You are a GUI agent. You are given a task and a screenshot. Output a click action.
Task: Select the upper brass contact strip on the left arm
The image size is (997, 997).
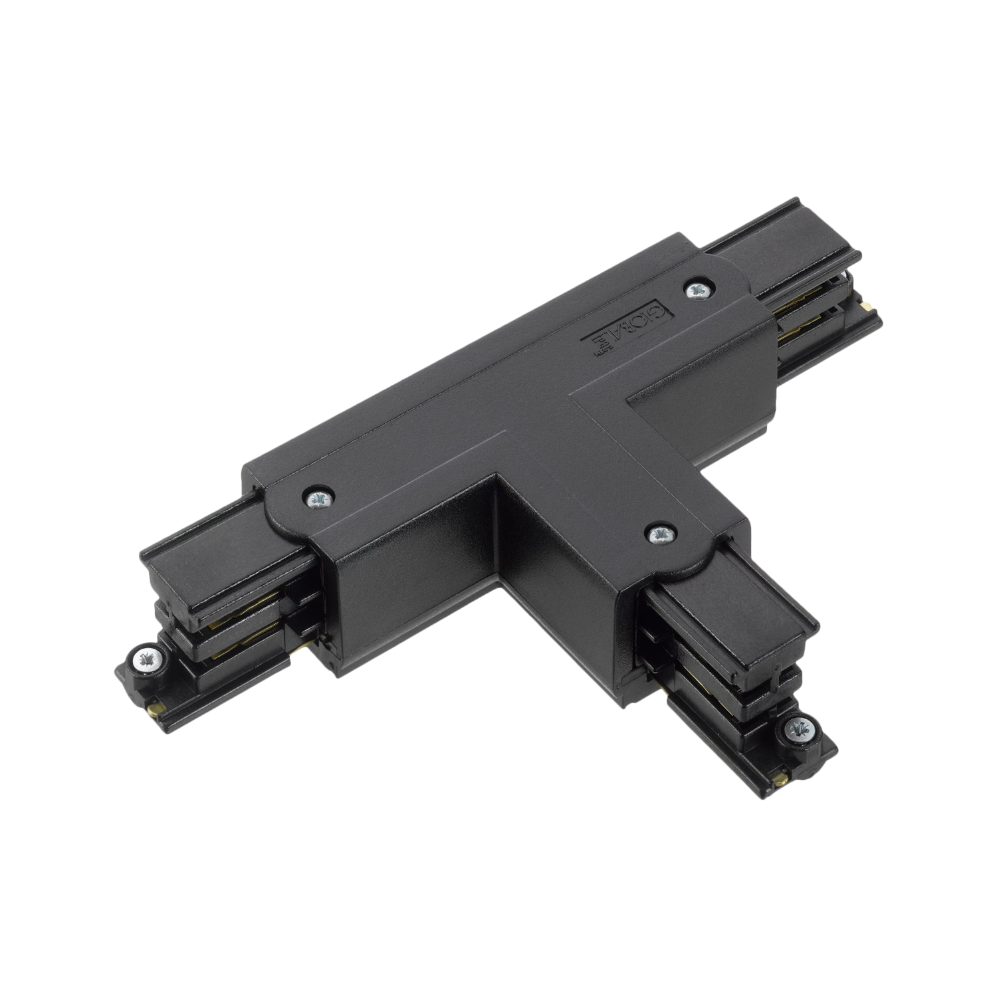tap(219, 625)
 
